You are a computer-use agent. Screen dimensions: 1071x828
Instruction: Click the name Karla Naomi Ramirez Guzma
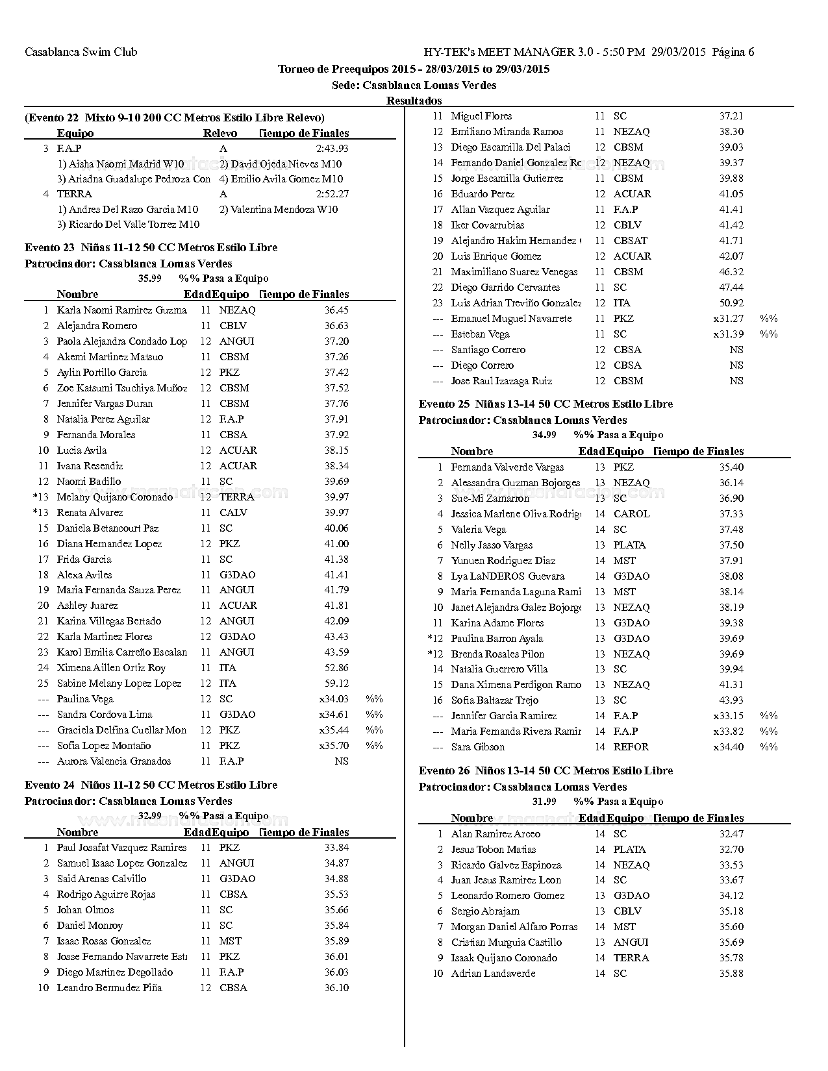(x=121, y=310)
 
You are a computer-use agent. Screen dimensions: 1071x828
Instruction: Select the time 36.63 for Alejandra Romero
(x=336, y=326)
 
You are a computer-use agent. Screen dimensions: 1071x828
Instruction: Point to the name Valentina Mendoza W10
(x=279, y=209)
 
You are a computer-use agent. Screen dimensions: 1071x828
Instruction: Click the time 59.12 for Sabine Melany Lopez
(x=336, y=683)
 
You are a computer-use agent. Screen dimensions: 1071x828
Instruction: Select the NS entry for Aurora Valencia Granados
(x=341, y=761)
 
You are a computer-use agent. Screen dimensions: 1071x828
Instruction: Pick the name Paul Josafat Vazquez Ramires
(x=121, y=848)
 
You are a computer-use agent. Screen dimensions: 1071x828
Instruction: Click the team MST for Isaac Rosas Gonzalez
(x=230, y=941)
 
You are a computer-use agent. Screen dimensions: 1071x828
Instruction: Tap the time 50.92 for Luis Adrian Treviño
(x=731, y=303)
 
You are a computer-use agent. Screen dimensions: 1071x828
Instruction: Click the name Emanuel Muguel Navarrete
(x=512, y=319)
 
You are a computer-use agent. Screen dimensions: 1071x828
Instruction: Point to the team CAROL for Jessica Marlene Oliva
(x=631, y=514)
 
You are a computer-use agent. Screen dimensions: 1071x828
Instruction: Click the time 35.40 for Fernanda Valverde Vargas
(x=731, y=467)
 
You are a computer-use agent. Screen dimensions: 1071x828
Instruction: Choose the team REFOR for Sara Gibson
(x=631, y=747)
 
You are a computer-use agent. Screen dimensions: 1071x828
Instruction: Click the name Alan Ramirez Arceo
(x=496, y=834)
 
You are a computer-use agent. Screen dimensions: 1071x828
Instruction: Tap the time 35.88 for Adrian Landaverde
(x=731, y=974)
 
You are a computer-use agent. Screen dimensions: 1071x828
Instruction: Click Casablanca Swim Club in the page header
(x=81, y=52)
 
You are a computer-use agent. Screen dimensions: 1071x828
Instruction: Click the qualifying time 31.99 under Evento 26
(x=544, y=802)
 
